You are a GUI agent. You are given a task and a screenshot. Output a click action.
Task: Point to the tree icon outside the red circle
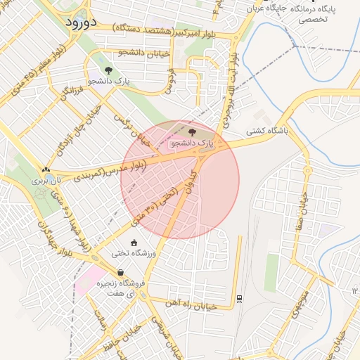click(x=108, y=70)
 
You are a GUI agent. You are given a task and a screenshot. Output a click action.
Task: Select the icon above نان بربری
click(x=46, y=169)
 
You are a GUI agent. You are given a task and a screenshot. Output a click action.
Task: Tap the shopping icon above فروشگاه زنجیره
click(x=120, y=272)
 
